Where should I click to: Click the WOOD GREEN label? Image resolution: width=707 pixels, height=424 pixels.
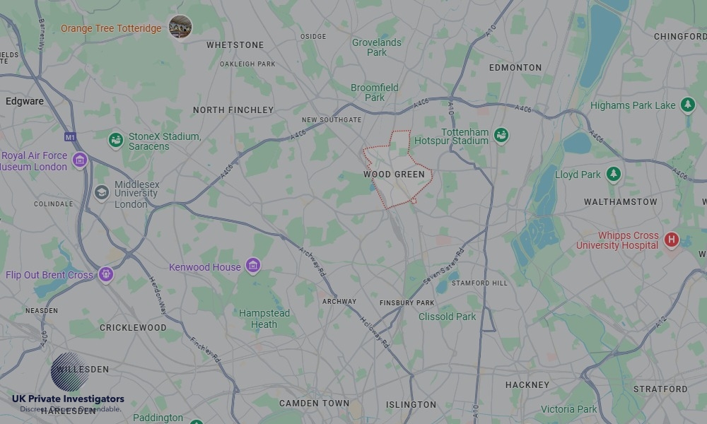(395, 174)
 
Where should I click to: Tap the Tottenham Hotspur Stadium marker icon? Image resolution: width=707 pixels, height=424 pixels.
(501, 135)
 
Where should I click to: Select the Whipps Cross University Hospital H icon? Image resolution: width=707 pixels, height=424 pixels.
(671, 240)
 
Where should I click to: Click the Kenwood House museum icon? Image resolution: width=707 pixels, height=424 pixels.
(253, 266)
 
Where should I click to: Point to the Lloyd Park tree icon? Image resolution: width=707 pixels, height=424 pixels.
(613, 174)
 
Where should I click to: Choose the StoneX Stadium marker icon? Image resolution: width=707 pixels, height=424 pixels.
(116, 140)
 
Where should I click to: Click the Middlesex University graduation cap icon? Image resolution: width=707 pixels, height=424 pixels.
(102, 192)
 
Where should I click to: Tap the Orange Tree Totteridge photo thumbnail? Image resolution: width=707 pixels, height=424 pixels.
(180, 28)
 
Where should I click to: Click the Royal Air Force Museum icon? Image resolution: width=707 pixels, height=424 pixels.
(80, 160)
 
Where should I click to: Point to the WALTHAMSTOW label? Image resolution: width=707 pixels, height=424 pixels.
(621, 202)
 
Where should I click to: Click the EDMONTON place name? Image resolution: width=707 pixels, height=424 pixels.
(516, 68)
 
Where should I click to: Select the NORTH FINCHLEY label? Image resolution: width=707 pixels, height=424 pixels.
(233, 110)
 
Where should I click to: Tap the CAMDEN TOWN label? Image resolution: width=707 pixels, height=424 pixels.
(314, 404)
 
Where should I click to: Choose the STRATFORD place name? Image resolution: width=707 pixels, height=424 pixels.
(660, 389)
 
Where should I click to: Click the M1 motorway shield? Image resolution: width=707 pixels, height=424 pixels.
(69, 136)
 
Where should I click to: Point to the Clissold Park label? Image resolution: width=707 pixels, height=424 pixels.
(448, 317)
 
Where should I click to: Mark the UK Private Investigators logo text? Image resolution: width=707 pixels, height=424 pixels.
(68, 399)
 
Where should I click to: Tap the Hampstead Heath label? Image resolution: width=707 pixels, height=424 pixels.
(264, 319)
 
